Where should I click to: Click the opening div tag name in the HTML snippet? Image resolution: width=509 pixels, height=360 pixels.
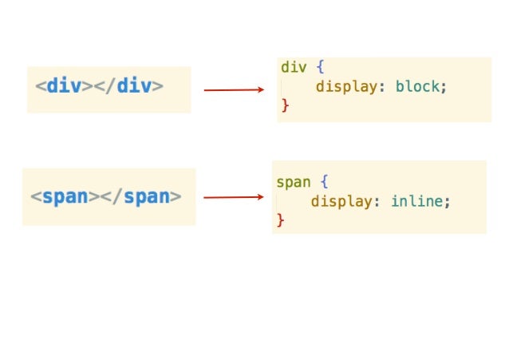click(x=64, y=85)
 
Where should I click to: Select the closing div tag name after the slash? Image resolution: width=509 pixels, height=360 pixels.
click(x=134, y=85)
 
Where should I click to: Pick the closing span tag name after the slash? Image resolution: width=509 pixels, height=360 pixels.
click(x=146, y=196)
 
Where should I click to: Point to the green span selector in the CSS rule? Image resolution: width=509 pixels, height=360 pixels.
click(x=293, y=182)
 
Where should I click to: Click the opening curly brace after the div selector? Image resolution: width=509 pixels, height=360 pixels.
click(x=321, y=67)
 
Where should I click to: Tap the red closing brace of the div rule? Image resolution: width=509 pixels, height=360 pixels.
click(x=285, y=105)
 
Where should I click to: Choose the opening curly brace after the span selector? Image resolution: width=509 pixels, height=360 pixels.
click(x=325, y=182)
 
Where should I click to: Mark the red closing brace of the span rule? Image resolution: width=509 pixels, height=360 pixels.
click(x=280, y=220)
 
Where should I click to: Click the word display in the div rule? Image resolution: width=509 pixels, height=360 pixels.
click(x=343, y=86)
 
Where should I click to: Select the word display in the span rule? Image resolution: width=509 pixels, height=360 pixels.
click(x=339, y=201)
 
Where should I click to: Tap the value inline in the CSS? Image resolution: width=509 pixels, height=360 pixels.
click(x=416, y=201)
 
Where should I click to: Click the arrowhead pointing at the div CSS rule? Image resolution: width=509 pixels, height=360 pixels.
click(x=260, y=90)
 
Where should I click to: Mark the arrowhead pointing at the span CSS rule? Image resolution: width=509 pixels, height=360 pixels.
click(x=260, y=197)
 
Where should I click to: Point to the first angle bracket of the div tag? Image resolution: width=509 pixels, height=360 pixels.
click(x=39, y=86)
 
